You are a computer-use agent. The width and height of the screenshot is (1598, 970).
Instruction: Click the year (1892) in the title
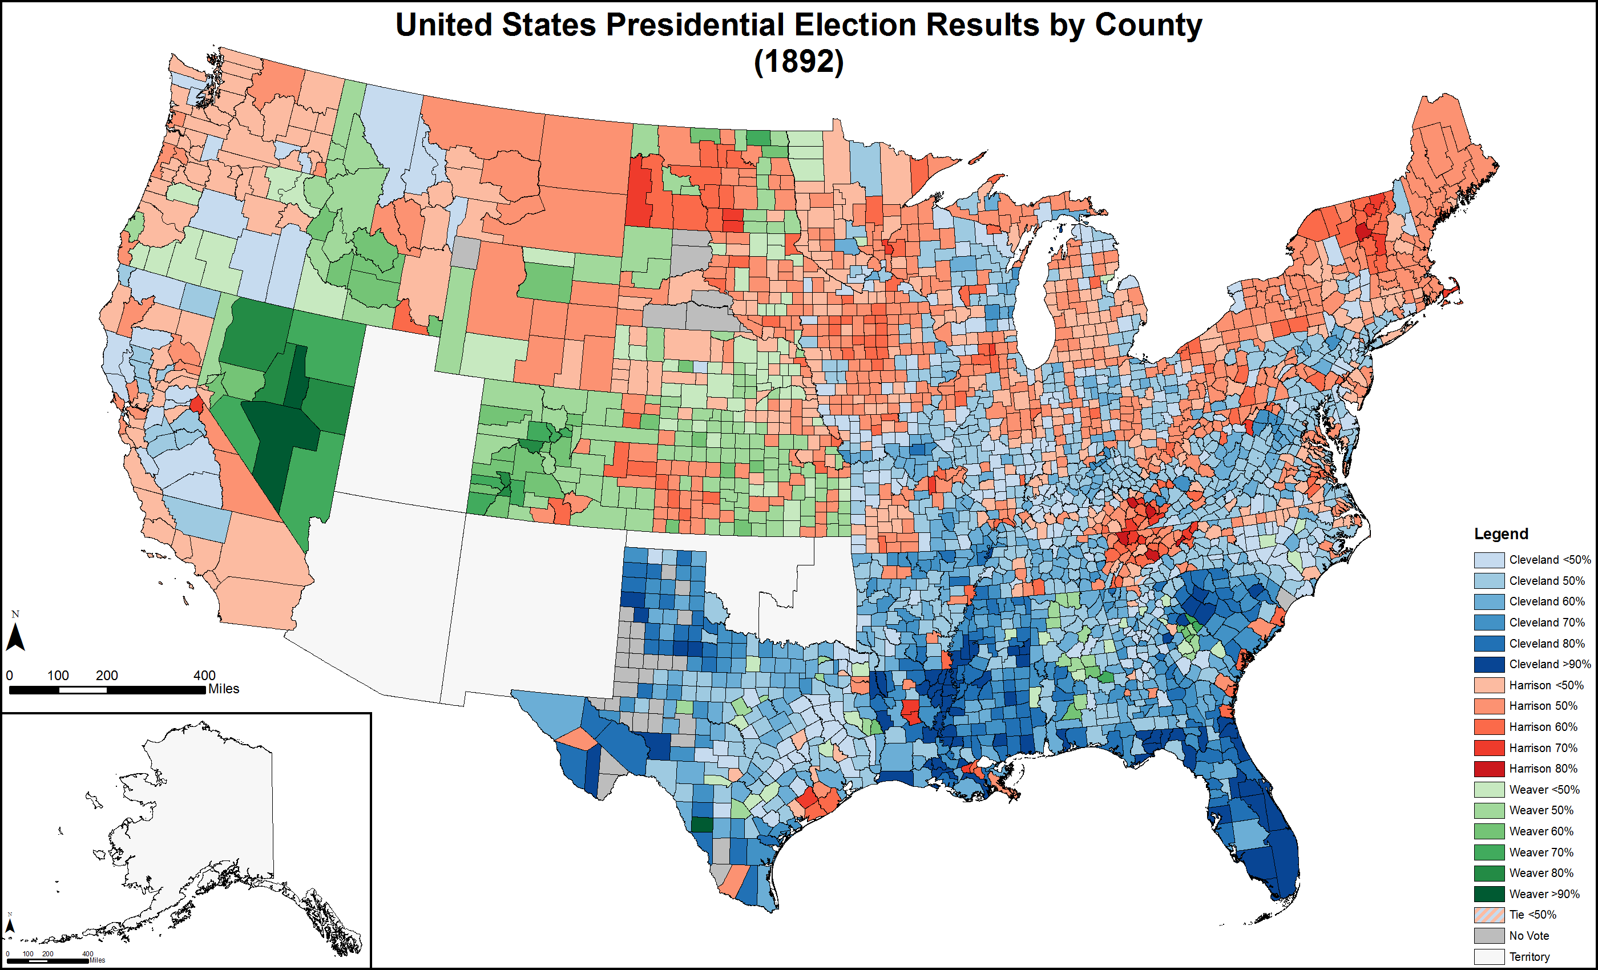point(798,62)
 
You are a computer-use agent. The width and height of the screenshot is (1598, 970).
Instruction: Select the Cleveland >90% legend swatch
point(1489,665)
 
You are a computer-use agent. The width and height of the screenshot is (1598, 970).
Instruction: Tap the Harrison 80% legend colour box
point(1489,769)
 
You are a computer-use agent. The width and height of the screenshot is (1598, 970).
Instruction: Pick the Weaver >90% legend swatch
point(1489,894)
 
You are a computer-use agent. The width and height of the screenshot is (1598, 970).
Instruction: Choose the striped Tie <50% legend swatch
point(1489,915)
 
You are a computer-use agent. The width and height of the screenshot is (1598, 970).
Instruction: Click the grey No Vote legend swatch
point(1489,936)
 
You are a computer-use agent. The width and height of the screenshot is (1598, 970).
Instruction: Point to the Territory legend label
point(1530,957)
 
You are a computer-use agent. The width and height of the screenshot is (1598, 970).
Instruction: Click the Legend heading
point(1501,533)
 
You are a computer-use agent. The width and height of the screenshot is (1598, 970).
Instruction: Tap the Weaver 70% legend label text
point(1541,852)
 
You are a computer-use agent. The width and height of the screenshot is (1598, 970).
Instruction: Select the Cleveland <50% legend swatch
point(1489,560)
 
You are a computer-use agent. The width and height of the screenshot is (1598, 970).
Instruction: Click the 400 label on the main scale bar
point(204,675)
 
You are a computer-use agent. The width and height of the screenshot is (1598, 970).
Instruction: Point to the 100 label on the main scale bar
point(58,675)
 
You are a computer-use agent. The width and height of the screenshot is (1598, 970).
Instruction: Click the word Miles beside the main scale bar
point(224,689)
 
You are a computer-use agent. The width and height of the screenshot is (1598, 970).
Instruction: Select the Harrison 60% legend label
point(1543,727)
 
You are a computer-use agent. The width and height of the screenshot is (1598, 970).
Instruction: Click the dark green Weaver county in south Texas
point(701,824)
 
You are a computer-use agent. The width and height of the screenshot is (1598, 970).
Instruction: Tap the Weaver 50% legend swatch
point(1489,810)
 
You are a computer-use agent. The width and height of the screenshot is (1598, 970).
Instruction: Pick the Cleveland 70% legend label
point(1546,623)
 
